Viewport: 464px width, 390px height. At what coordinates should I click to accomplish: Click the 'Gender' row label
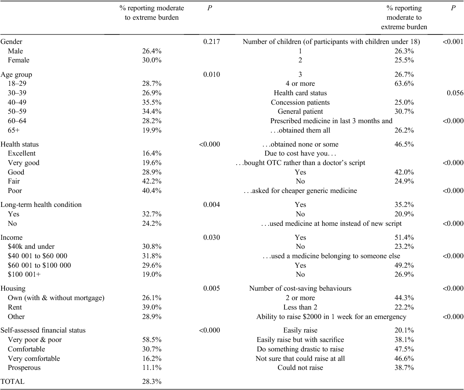(11, 42)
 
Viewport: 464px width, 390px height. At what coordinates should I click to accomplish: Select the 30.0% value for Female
(152, 60)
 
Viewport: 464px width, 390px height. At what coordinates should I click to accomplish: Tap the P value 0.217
(212, 41)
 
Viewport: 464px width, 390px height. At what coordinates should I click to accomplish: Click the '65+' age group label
(14, 130)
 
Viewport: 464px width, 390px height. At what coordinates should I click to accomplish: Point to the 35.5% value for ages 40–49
(152, 102)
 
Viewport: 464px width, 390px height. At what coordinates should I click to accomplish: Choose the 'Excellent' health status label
(22, 153)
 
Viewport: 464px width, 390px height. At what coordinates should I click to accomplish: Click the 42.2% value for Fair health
(152, 181)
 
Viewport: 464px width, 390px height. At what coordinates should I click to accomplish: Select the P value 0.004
(212, 204)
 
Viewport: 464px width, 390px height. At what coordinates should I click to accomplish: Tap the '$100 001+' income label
(24, 274)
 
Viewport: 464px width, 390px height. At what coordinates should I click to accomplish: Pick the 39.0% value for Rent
(152, 307)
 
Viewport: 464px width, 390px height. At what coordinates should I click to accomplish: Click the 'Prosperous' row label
(24, 367)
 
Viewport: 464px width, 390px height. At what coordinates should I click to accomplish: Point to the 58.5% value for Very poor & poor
(152, 340)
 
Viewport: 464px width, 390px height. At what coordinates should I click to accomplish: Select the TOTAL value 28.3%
(152, 381)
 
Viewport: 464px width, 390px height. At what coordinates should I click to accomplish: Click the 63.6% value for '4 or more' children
(404, 84)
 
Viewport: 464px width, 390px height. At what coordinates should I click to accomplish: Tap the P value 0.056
(455, 93)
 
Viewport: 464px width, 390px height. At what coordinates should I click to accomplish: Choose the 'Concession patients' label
(300, 102)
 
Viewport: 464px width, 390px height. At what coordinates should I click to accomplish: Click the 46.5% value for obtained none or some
(404, 145)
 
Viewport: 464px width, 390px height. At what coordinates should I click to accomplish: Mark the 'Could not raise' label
(300, 367)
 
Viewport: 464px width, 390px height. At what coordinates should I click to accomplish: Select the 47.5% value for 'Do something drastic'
(404, 349)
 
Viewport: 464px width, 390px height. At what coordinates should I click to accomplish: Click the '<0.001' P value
(453, 41)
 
